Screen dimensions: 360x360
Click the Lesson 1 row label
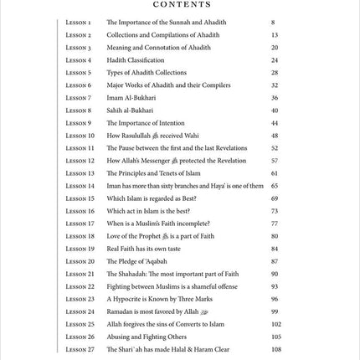point(79,23)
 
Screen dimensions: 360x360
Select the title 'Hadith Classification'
point(136,60)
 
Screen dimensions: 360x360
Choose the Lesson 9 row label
point(79,123)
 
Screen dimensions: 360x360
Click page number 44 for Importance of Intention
point(274,123)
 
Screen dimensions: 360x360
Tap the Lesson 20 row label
point(80,261)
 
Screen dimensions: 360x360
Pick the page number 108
point(275,349)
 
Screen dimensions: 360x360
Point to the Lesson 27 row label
point(80,349)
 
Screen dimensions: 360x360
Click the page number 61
point(274,173)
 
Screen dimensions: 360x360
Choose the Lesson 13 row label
point(80,173)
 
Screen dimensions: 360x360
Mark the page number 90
point(274,274)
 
